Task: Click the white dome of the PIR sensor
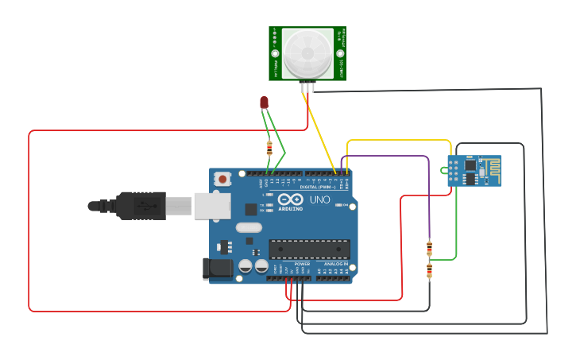[307, 51]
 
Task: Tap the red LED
[265, 103]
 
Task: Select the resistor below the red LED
[269, 147]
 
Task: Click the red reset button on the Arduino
[222, 180]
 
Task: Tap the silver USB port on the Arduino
[212, 206]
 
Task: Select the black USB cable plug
[143, 205]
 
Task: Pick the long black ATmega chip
[308, 249]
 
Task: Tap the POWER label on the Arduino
[291, 263]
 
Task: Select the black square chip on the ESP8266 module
[470, 166]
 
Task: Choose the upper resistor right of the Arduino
[430, 248]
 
